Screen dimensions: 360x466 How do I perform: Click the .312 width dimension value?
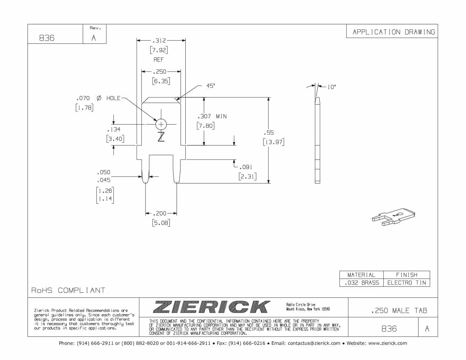pos(159,41)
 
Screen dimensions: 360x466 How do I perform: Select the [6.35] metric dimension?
pos(161,81)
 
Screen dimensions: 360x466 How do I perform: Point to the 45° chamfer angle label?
pos(210,86)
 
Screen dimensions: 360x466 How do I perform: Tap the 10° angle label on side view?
pos(332,87)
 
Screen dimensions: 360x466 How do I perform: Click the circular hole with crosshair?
pos(161,124)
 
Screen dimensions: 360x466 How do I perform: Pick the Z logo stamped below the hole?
pos(161,136)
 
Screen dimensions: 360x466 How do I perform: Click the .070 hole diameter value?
pos(83,98)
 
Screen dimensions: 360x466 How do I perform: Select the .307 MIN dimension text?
pos(212,116)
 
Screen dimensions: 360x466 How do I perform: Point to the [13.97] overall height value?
pos(273,142)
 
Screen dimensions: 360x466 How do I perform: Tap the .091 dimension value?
pos(246,167)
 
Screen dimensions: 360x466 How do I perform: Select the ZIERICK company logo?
pos(211,307)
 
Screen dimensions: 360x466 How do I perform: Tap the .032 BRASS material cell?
pos(361,283)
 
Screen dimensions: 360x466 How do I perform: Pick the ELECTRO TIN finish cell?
pos(406,283)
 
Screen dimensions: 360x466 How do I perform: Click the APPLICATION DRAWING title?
pos(394,32)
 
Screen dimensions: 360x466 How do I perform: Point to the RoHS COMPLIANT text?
pos(68,291)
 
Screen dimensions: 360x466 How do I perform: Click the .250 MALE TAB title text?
pos(399,311)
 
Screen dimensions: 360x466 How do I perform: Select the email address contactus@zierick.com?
pos(314,343)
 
